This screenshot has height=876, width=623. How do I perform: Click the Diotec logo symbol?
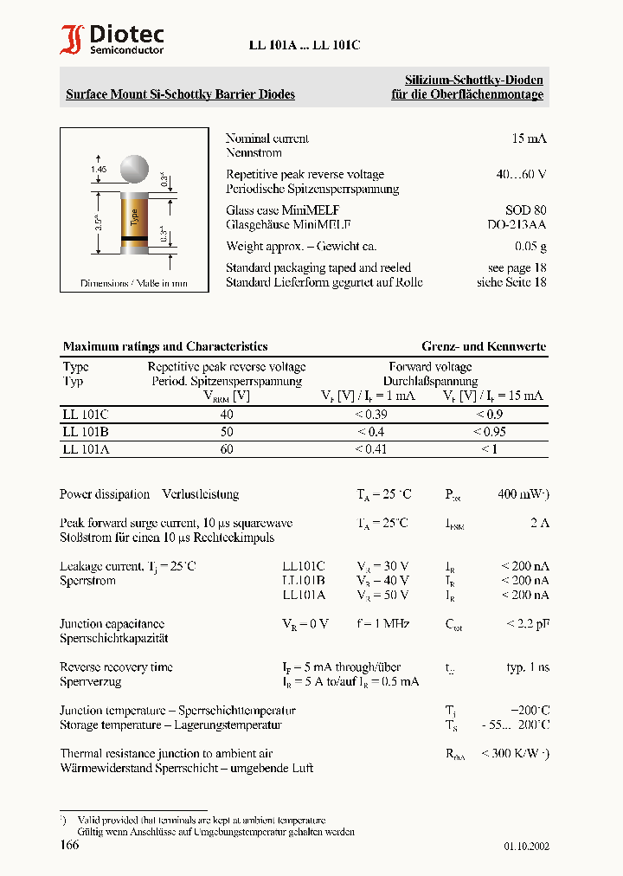pos(72,40)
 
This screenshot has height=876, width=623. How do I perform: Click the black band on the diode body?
pos(134,236)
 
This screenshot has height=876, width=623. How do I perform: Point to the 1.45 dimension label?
pos(98,170)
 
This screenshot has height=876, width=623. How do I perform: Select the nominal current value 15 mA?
pos(529,138)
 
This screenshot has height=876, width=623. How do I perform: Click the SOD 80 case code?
pos(525,210)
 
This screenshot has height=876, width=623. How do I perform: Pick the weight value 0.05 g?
pos(529,247)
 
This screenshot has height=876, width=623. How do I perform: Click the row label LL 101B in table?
pos(86,431)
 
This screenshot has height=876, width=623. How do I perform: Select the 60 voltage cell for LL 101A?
pos(227,448)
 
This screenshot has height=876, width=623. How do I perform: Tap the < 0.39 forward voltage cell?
pos(371,414)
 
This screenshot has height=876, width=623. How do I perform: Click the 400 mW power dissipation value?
pos(522,494)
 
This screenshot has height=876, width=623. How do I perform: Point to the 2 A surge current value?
pos(539,523)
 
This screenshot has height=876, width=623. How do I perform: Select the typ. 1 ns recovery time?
pos(527,667)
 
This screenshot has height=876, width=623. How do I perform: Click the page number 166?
pos(69,845)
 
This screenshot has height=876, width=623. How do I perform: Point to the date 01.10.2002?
pos(526,847)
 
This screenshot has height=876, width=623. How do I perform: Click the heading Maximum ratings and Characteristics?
pos(165,346)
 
